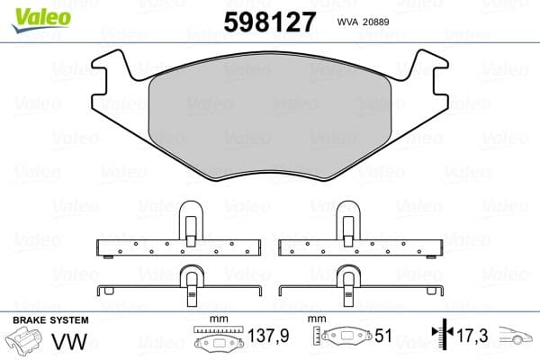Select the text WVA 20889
[x=361, y=22]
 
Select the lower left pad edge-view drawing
[x=178, y=283]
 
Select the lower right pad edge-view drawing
[x=361, y=283]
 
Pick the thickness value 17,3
[x=473, y=337]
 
